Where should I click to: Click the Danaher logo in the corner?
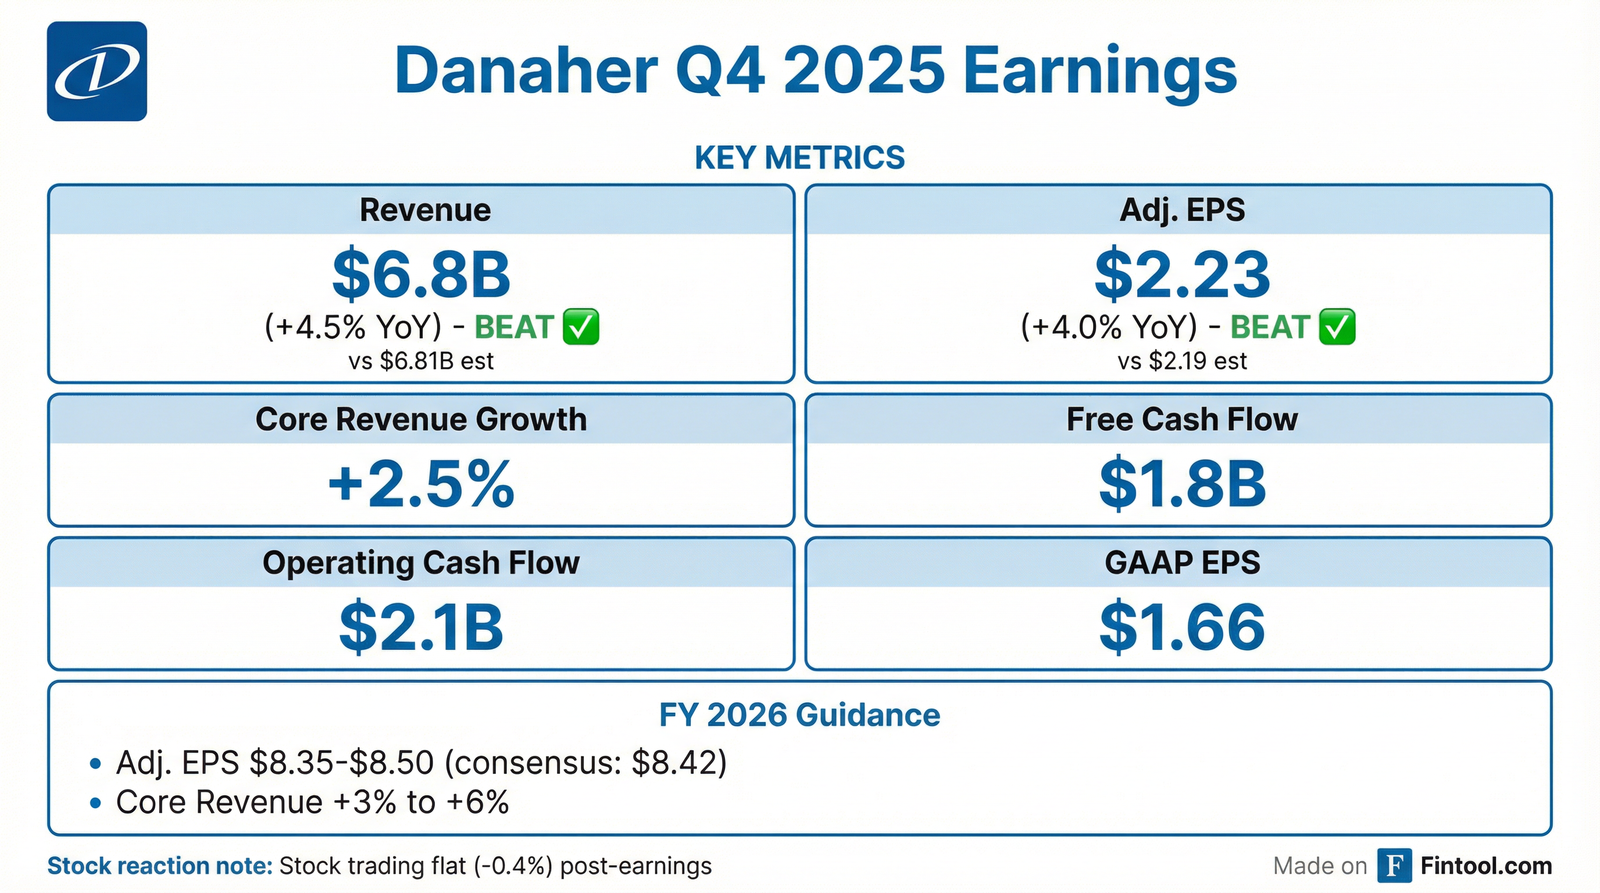click(97, 72)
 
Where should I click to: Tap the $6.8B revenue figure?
click(421, 274)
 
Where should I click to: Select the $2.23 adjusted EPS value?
click(1182, 274)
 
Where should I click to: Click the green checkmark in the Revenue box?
click(581, 327)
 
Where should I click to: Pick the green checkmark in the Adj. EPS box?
click(1337, 327)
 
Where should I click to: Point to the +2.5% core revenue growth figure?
click(421, 484)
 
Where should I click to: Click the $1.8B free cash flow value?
click(1182, 484)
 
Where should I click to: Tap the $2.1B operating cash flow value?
click(421, 627)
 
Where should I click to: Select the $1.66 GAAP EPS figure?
click(1182, 627)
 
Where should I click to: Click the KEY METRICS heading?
click(799, 158)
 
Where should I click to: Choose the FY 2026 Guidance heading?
click(799, 715)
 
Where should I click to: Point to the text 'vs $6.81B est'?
click(421, 361)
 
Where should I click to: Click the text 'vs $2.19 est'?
click(1182, 361)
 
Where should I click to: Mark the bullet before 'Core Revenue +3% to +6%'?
click(95, 802)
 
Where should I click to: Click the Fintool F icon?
click(1394, 866)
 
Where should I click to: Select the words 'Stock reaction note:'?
click(160, 866)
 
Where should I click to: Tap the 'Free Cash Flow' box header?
click(1182, 419)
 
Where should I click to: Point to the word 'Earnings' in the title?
click(1100, 72)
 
